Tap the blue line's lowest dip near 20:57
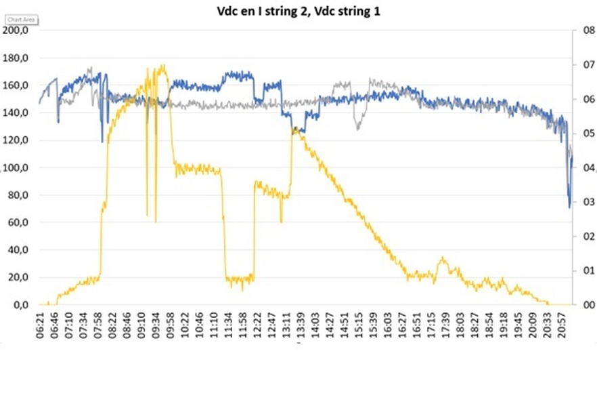[x=570, y=206]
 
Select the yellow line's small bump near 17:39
[x=443, y=258]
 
